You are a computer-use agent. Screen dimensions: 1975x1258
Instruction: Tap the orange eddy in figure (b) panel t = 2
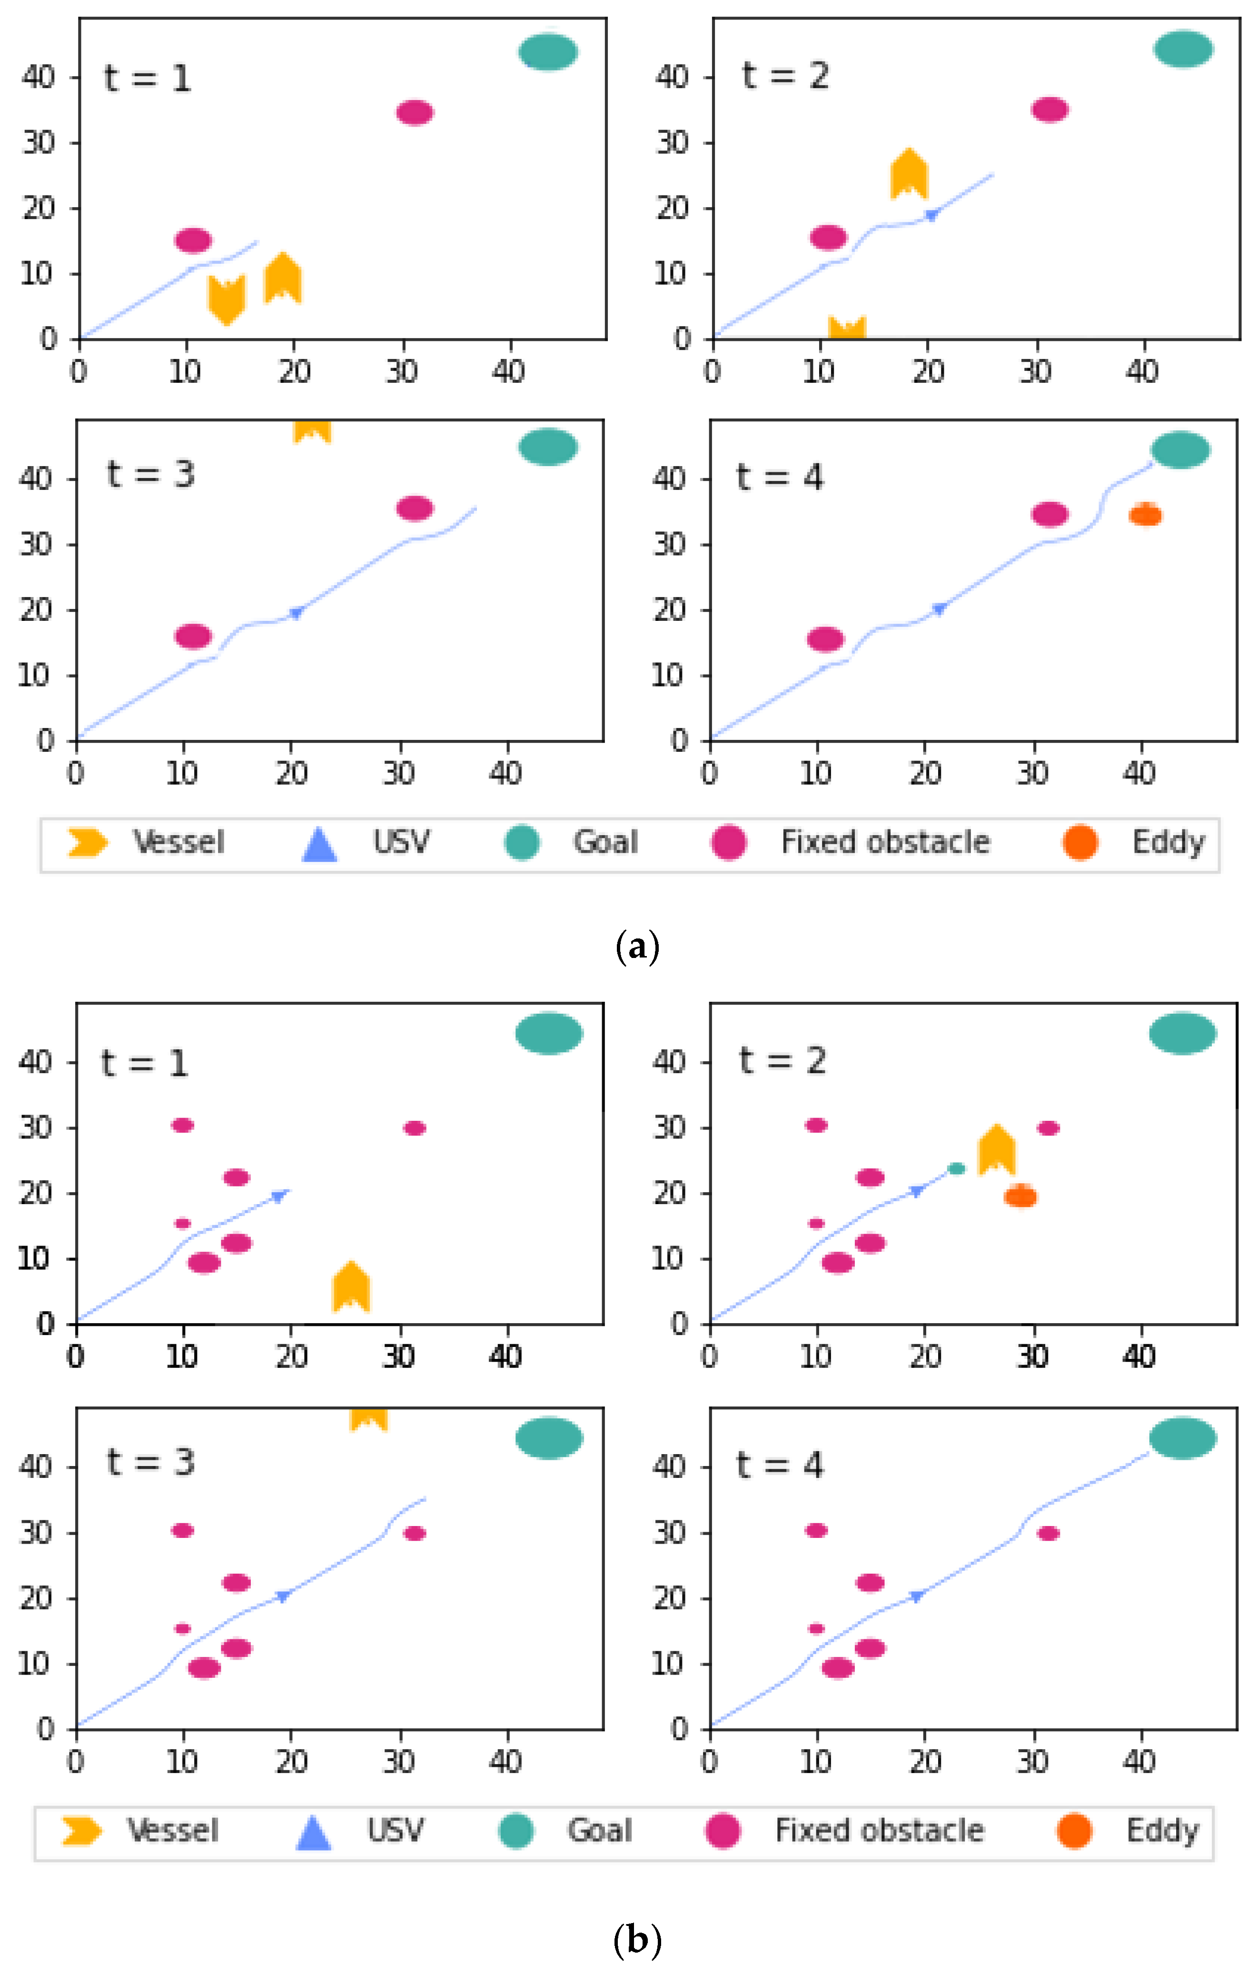1020,1197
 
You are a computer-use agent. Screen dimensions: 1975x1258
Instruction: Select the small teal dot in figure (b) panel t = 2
956,1168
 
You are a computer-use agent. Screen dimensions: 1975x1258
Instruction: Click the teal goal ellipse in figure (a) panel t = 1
548,52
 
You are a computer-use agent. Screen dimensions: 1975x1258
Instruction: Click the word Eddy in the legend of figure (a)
1168,842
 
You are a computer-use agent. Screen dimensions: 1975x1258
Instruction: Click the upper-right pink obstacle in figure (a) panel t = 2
1050,109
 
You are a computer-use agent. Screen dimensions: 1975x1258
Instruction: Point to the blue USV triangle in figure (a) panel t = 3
296,613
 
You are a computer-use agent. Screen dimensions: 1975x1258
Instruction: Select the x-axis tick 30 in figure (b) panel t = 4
1032,1762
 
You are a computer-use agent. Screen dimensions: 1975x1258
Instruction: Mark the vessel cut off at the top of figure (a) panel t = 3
312,430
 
